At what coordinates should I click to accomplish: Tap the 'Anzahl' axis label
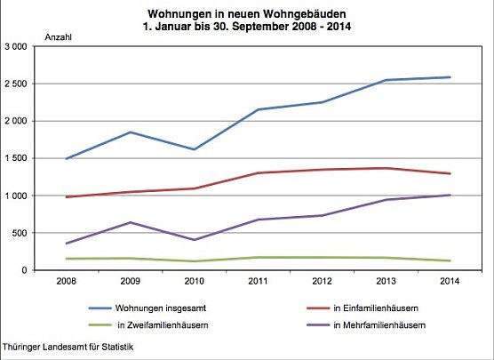(x=58, y=37)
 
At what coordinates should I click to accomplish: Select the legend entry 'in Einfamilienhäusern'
(x=372, y=307)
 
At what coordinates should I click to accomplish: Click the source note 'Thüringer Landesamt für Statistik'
(x=69, y=346)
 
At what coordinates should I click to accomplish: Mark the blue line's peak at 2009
(x=131, y=132)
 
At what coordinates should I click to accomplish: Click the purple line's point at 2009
(x=131, y=222)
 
